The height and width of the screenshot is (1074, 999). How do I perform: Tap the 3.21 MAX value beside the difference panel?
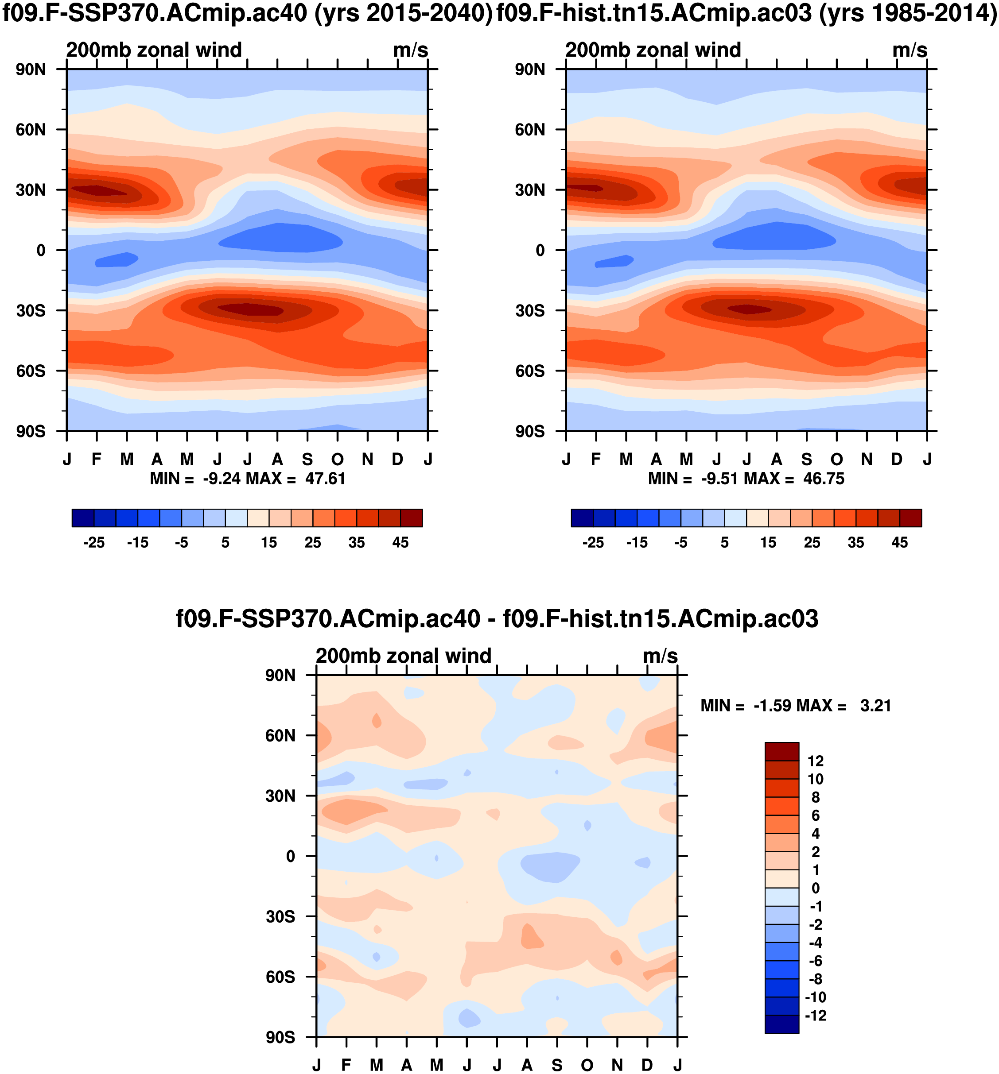tap(875, 706)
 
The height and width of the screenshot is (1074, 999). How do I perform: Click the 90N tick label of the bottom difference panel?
tap(280, 676)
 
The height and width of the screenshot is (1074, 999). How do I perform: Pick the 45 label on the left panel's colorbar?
tap(400, 542)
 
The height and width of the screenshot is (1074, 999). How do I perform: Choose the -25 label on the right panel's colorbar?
tap(593, 542)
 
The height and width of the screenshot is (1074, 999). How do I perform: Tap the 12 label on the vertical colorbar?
tap(815, 761)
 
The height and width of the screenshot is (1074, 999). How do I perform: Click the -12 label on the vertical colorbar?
tap(815, 1016)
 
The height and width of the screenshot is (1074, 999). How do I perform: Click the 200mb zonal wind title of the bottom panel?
tap(403, 656)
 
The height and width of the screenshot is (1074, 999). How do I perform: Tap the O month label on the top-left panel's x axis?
tap(337, 460)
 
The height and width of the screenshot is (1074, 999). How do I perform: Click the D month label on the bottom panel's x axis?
tap(647, 1065)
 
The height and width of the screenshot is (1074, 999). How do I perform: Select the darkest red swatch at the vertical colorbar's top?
tap(781, 751)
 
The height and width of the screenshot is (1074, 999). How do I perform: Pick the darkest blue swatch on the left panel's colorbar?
tap(83, 518)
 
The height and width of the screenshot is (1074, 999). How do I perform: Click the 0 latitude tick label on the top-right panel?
tap(540, 251)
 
